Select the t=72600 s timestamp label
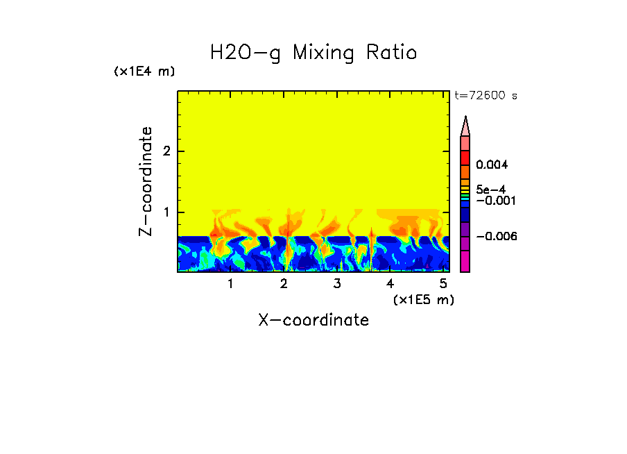click(486, 96)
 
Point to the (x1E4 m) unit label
click(144, 72)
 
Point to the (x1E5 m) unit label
click(423, 300)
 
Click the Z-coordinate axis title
click(146, 181)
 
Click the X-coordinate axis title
click(313, 320)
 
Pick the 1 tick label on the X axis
click(230, 284)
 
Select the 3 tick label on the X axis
click(337, 284)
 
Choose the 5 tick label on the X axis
click(443, 284)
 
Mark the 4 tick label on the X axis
click(390, 284)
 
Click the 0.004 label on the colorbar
click(492, 165)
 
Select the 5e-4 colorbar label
click(491, 189)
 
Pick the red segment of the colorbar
click(465, 157)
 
